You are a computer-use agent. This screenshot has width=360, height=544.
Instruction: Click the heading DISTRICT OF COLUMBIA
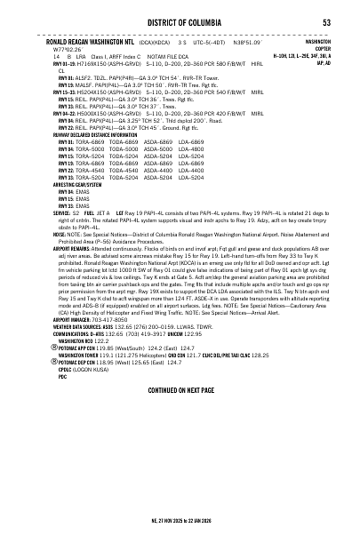[180, 22]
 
